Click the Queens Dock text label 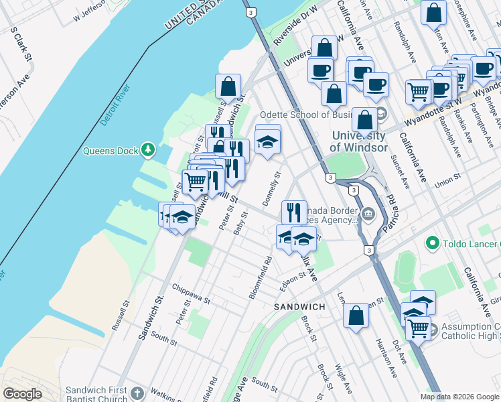[x=111, y=151]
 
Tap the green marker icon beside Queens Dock [x=148, y=151]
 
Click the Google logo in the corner [x=22, y=393]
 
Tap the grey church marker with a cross [x=137, y=393]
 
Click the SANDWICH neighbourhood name [x=299, y=306]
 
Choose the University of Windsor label [x=360, y=141]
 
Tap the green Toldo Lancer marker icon [x=431, y=243]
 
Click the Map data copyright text [x=459, y=396]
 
